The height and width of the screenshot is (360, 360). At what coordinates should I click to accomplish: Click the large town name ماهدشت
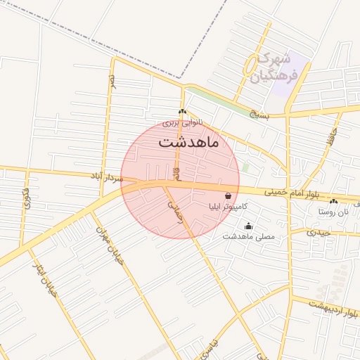188,142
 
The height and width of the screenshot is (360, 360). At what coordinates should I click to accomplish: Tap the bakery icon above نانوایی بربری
182,112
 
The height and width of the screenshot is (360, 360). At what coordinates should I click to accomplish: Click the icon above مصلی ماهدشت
247,226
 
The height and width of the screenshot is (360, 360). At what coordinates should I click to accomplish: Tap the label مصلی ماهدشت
248,237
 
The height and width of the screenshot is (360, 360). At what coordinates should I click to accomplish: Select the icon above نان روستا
333,201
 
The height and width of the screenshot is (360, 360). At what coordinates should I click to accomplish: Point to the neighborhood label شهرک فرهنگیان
278,66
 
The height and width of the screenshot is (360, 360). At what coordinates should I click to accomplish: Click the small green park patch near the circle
245,167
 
